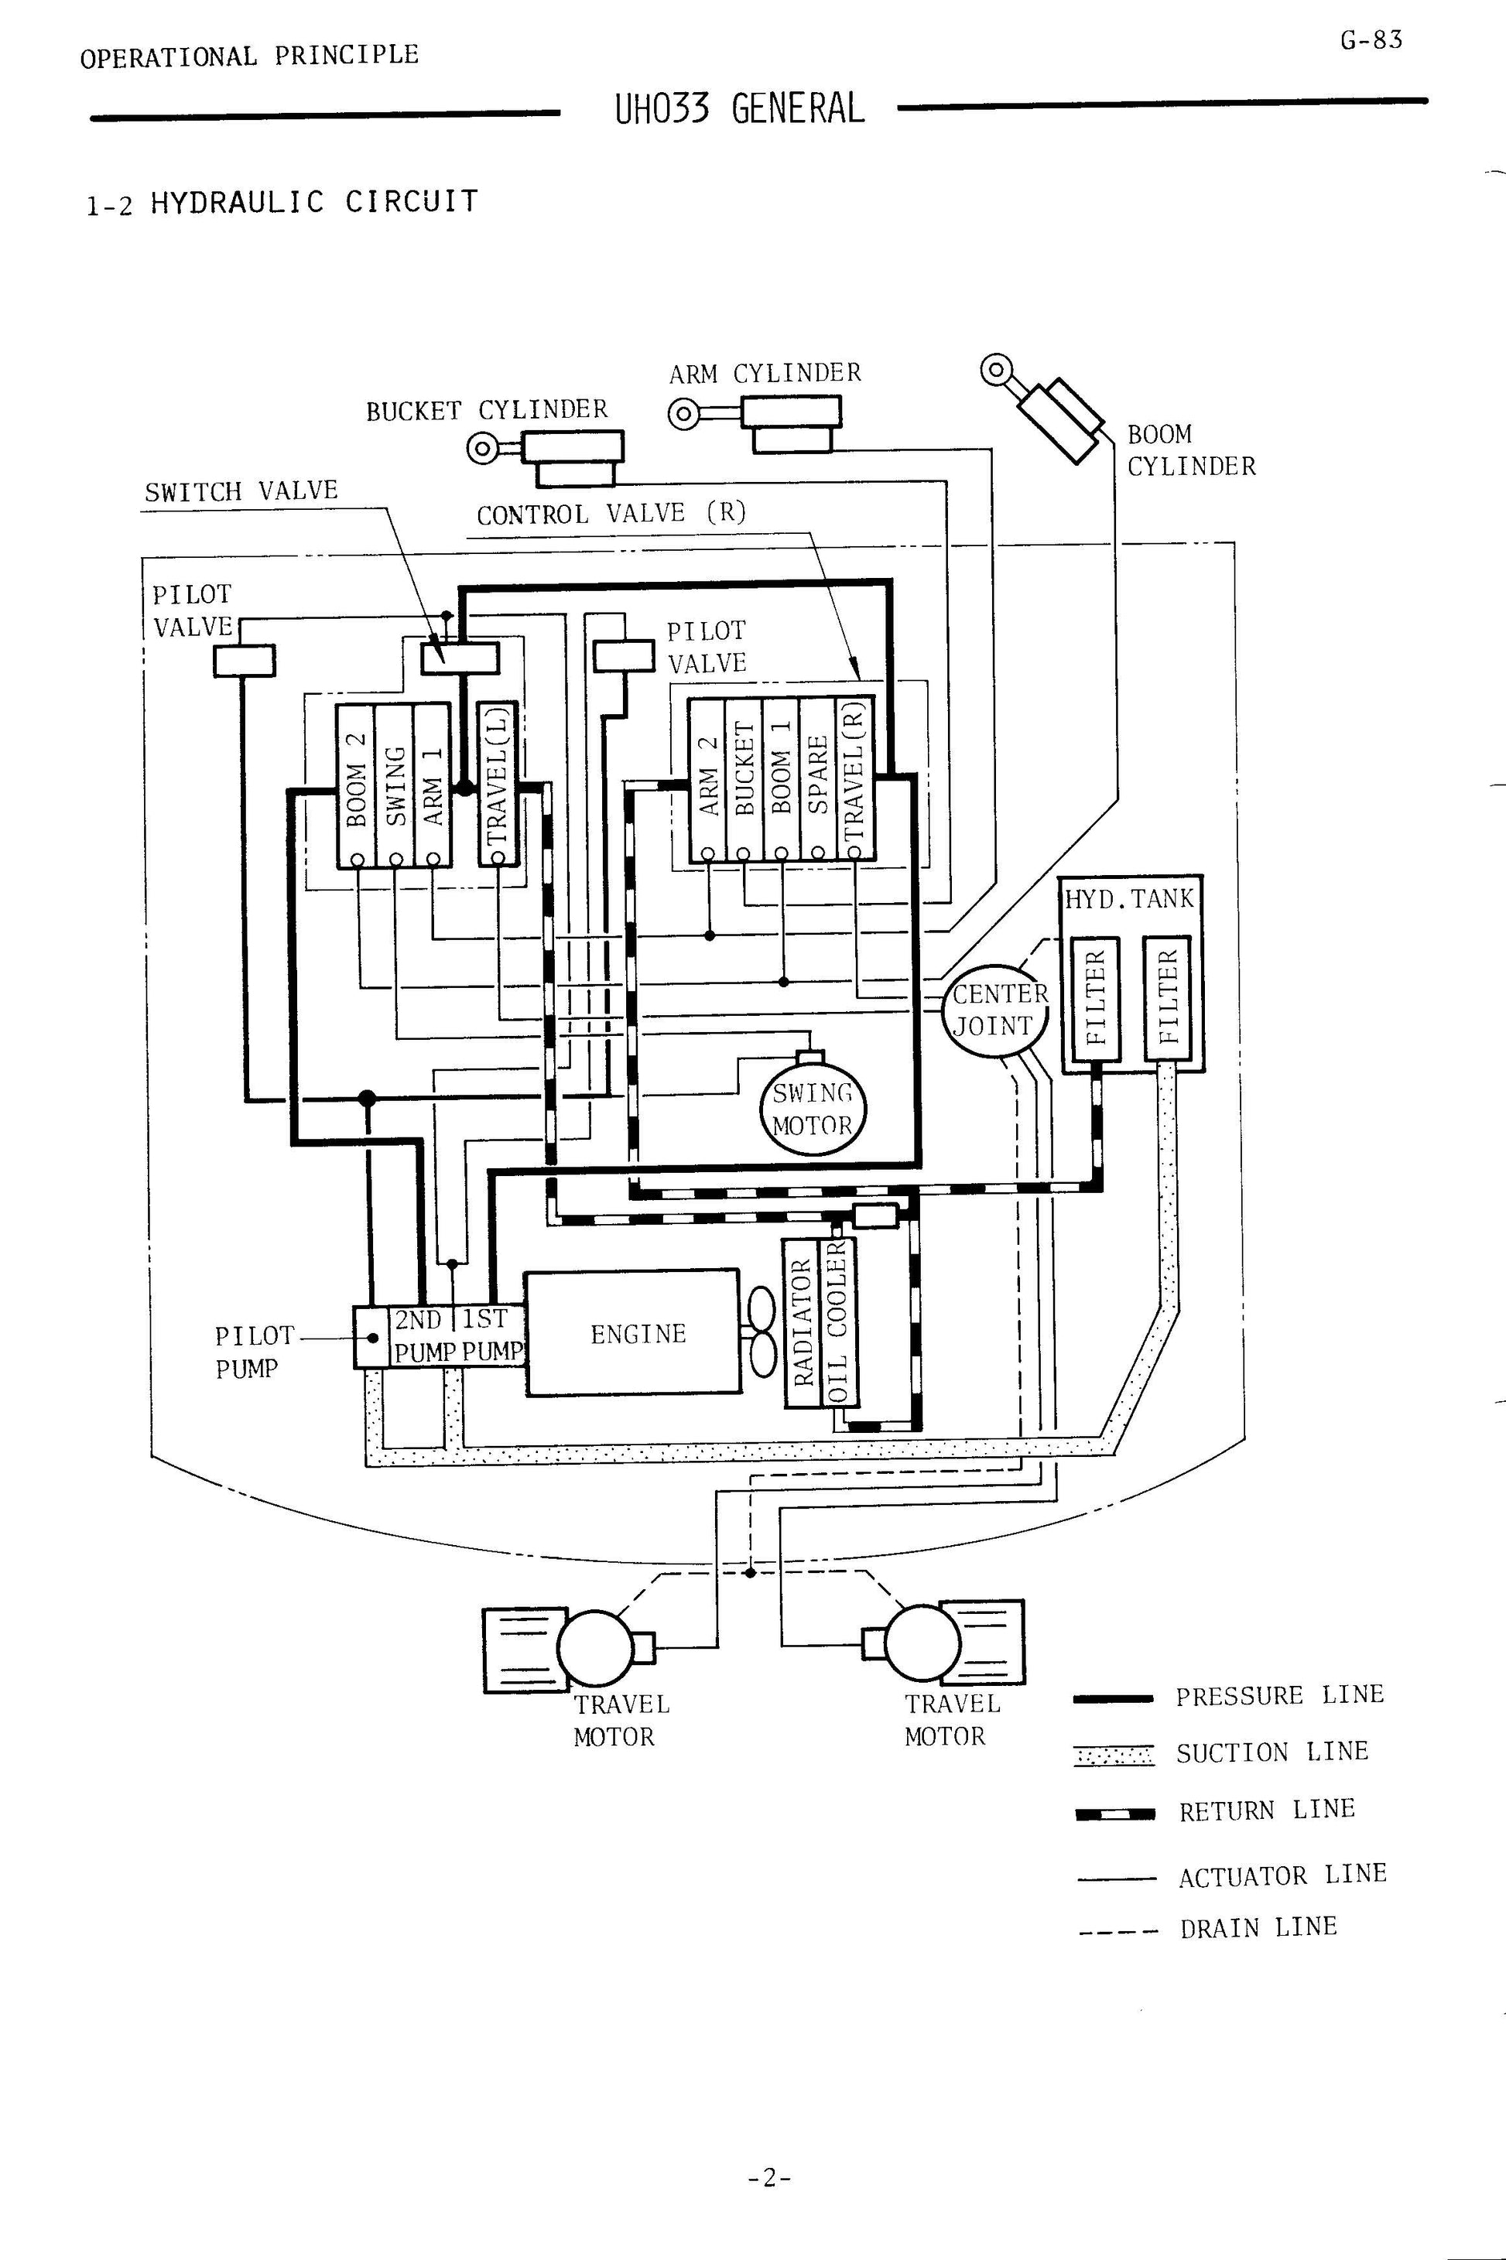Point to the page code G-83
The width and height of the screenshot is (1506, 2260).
[x=1371, y=40]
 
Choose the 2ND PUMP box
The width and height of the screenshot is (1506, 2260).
[x=423, y=1335]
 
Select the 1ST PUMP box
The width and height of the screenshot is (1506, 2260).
[x=491, y=1335]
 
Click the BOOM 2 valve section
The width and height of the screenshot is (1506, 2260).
[x=355, y=785]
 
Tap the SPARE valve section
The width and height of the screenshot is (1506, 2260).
[x=818, y=780]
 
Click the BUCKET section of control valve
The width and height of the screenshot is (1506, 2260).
[x=744, y=780]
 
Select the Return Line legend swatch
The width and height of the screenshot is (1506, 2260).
[x=1114, y=1814]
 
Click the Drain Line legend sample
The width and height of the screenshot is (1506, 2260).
[x=1114, y=1930]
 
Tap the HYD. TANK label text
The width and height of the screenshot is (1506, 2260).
[x=1128, y=900]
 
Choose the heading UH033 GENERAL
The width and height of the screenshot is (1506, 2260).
[x=740, y=109]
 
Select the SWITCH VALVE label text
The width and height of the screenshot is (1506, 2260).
[x=241, y=491]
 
